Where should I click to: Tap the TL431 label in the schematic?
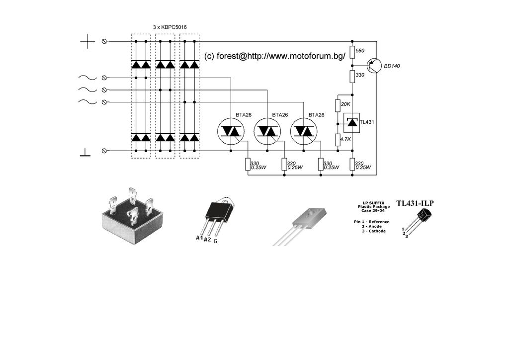[367, 122]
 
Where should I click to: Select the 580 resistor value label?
[360, 51]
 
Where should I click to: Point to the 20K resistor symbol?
[338, 105]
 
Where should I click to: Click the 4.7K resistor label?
[345, 139]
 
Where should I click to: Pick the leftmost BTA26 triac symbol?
[231, 131]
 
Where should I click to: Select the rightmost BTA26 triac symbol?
[304, 131]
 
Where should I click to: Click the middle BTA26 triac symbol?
[267, 131]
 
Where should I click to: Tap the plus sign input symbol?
[87, 41]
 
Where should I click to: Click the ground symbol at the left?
[85, 153]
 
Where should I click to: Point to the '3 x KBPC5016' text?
[170, 27]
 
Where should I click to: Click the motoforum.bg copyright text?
[275, 56]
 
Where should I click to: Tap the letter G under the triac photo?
[215, 241]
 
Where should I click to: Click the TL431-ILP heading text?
[415, 203]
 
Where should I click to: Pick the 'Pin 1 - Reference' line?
[372, 222]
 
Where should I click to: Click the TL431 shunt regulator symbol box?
[351, 122]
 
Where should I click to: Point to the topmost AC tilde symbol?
[87, 78]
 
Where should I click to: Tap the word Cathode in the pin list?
[377, 231]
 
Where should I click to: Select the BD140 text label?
[392, 66]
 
